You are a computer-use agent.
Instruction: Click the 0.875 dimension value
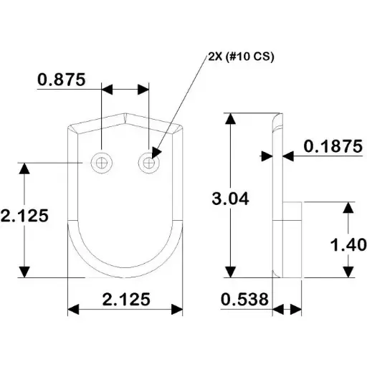[x=62, y=80]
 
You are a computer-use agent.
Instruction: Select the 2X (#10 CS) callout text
[x=241, y=57]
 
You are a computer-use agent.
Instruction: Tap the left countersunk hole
[x=101, y=163]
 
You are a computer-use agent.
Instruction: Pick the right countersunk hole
[x=149, y=163]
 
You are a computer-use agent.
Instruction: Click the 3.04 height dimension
[x=230, y=199]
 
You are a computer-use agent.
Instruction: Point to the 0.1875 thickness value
[x=333, y=146]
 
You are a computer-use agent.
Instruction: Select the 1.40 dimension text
[x=348, y=244]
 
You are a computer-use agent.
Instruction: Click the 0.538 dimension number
[x=244, y=299]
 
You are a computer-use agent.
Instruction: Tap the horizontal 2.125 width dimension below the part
[x=126, y=299]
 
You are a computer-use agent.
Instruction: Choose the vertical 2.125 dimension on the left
[x=24, y=216]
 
